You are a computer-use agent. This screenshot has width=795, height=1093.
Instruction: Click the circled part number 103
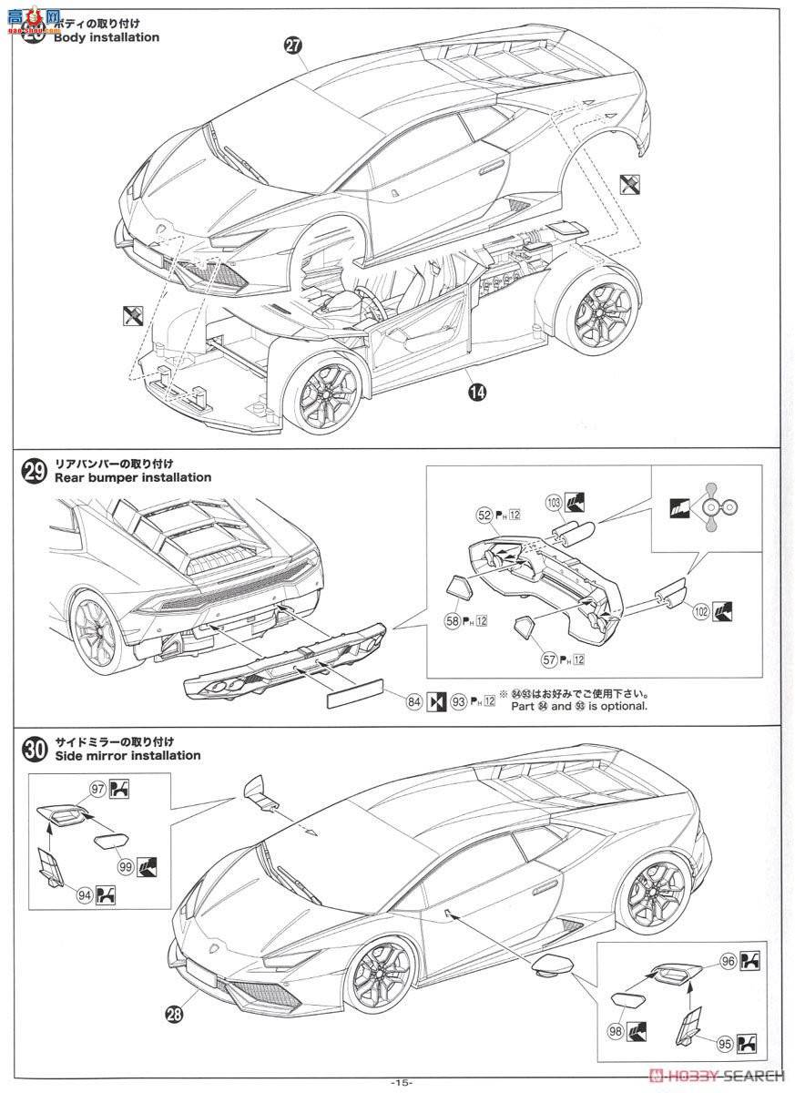(x=552, y=501)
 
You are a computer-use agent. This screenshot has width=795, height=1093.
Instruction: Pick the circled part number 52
(x=484, y=516)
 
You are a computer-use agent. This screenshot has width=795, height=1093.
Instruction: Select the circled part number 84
(x=413, y=701)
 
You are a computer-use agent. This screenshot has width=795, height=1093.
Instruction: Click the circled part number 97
(x=96, y=788)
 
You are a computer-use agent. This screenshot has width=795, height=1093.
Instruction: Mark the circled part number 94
(x=84, y=896)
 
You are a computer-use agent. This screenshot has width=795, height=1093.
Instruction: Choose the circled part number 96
(x=728, y=960)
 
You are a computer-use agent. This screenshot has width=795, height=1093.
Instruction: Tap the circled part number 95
(x=723, y=1044)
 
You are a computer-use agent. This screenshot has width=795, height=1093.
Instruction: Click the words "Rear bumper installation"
(x=133, y=477)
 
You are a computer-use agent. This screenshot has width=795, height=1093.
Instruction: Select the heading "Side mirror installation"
(x=127, y=755)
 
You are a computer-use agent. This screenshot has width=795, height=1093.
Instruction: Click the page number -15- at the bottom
(x=401, y=1082)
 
